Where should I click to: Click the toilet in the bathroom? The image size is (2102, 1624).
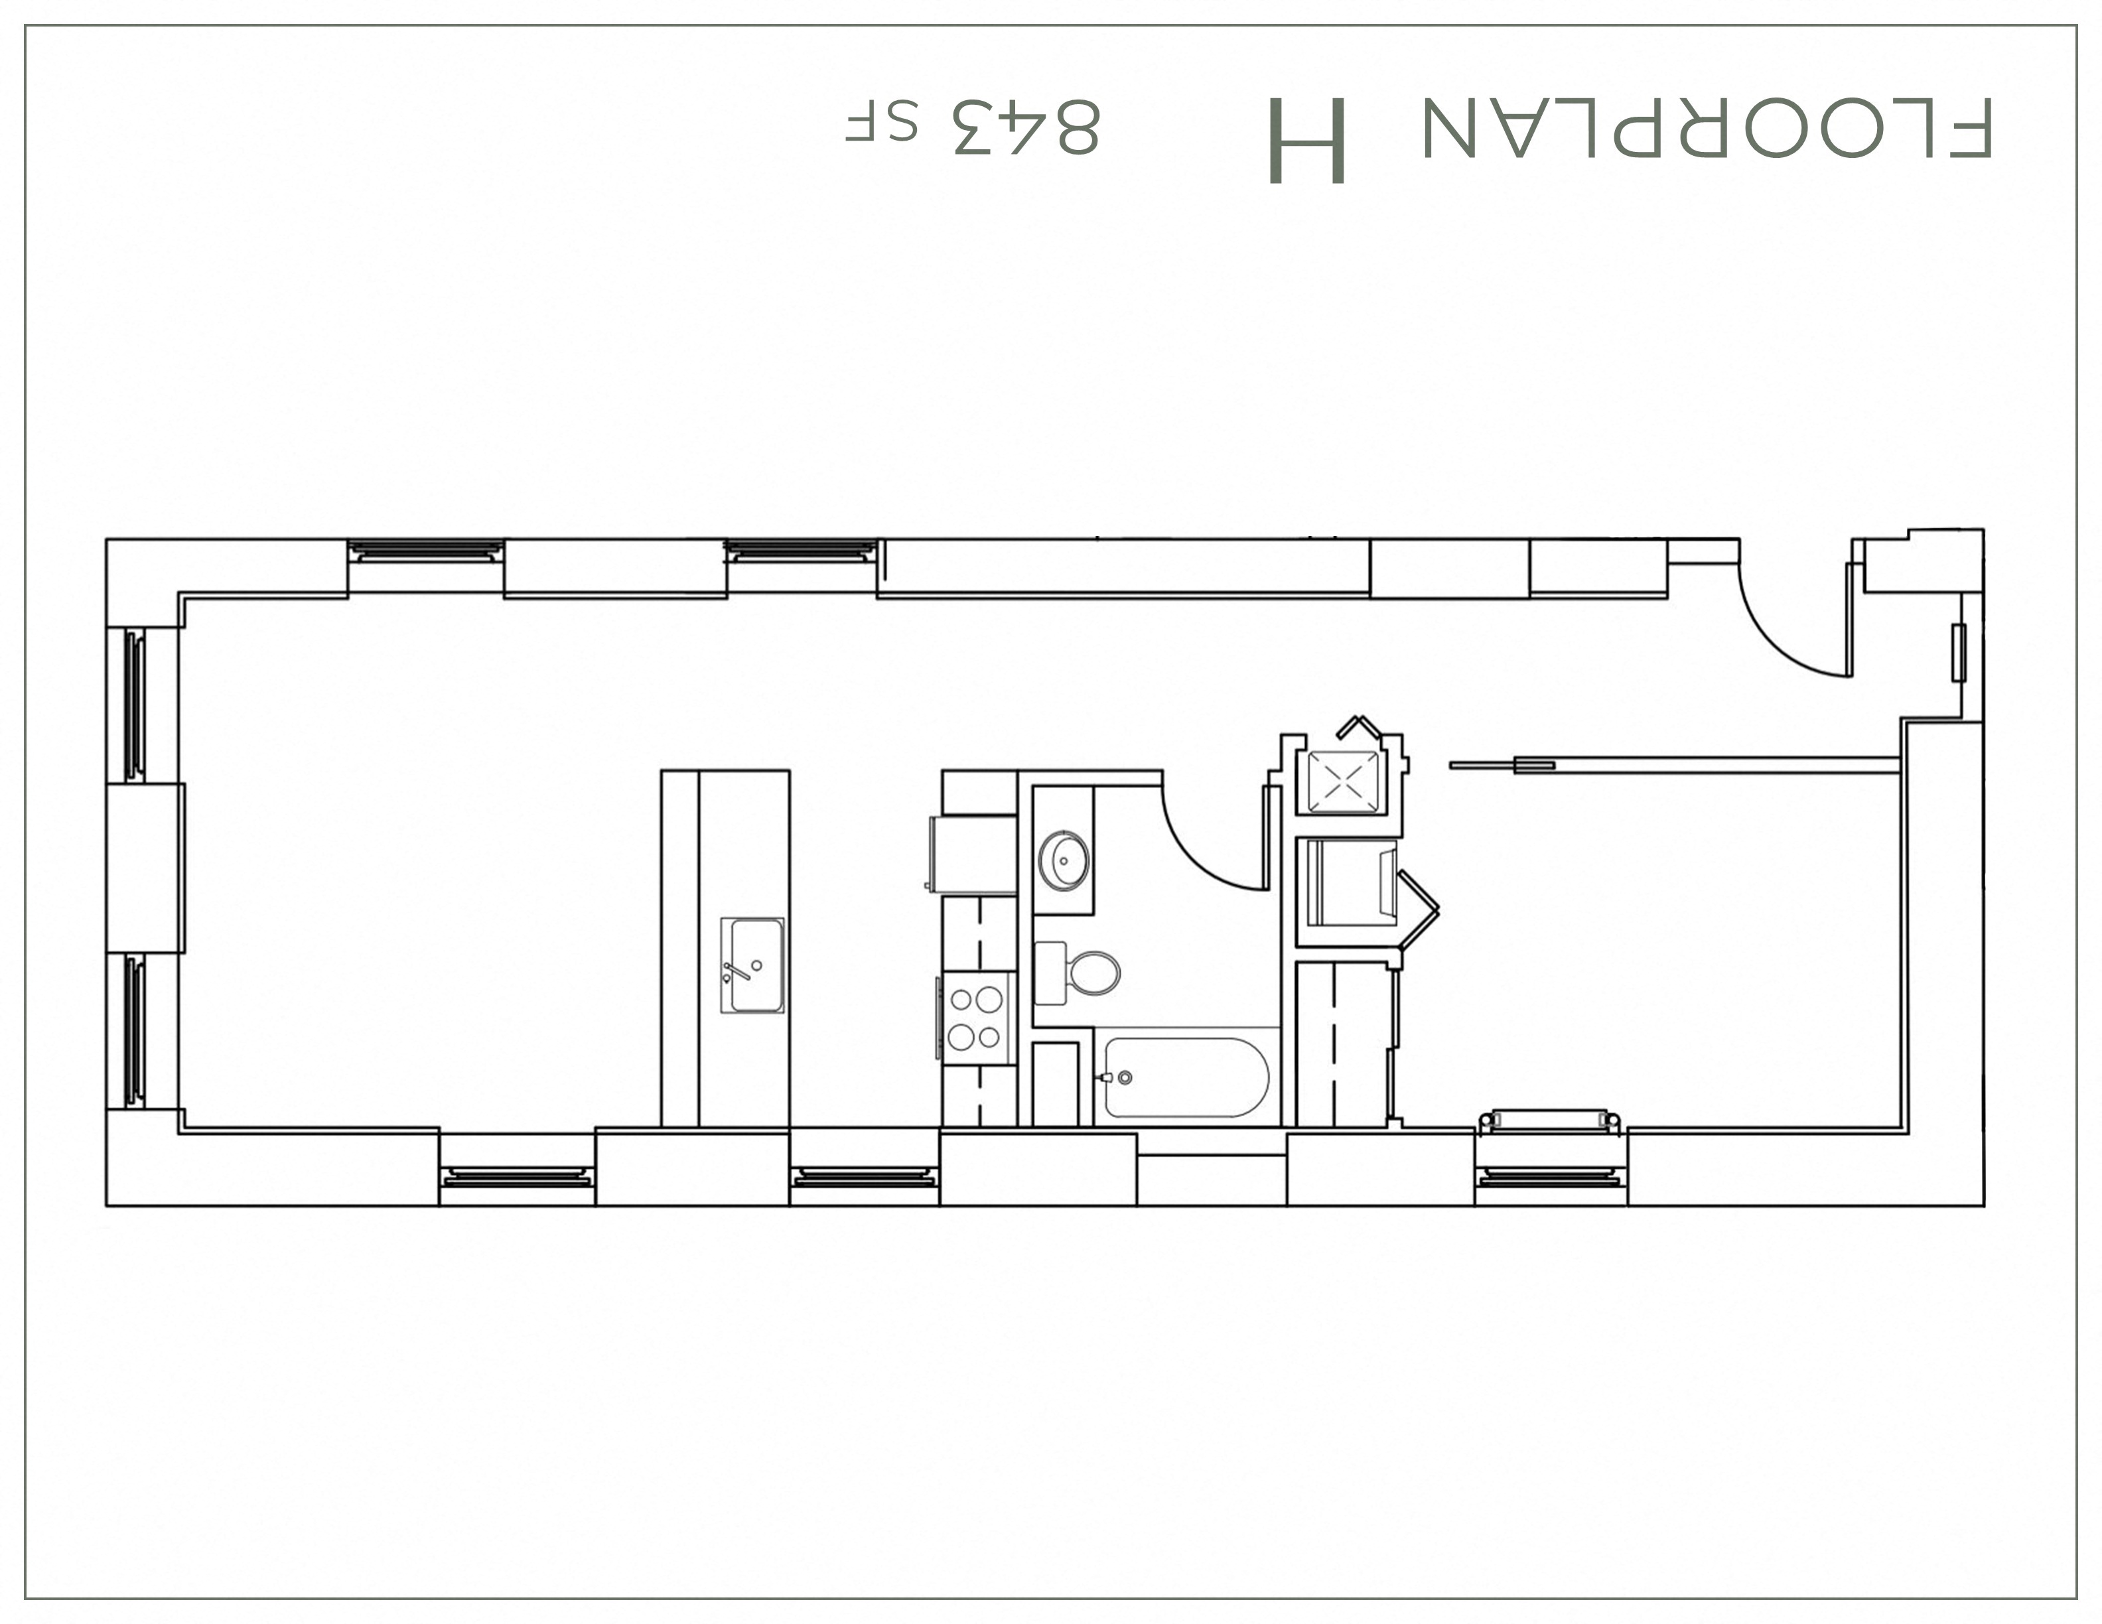coord(1094,973)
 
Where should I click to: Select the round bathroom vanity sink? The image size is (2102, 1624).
coord(1064,860)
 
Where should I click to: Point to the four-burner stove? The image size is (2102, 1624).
coord(976,1018)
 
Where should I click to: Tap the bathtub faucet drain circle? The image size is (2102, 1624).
coord(1124,1077)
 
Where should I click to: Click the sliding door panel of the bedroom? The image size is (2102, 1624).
coord(1675,766)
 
